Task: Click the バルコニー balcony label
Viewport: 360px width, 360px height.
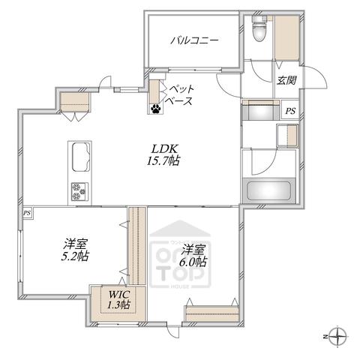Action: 194,40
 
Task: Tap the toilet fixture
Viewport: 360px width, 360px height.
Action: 259,28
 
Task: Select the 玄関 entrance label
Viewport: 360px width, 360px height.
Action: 286,80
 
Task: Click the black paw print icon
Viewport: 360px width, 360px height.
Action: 155,109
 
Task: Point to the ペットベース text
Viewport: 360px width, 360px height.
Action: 179,95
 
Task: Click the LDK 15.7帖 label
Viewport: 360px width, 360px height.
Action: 163,155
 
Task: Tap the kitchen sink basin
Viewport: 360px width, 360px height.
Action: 80,157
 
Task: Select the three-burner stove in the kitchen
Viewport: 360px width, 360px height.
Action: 79,191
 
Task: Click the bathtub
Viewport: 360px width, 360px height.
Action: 268,190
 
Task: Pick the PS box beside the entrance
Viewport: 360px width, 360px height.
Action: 290,109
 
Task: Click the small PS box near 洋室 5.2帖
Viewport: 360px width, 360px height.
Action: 27,213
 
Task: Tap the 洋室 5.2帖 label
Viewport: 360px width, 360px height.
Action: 75,250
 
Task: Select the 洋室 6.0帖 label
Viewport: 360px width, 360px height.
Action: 193,256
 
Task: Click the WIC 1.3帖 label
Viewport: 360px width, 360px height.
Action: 118,300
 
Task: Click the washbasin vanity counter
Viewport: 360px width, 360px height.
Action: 260,110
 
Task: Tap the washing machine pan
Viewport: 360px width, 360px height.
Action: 287,136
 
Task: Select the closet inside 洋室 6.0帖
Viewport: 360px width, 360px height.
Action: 212,313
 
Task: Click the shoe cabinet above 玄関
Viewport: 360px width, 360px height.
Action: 287,38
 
